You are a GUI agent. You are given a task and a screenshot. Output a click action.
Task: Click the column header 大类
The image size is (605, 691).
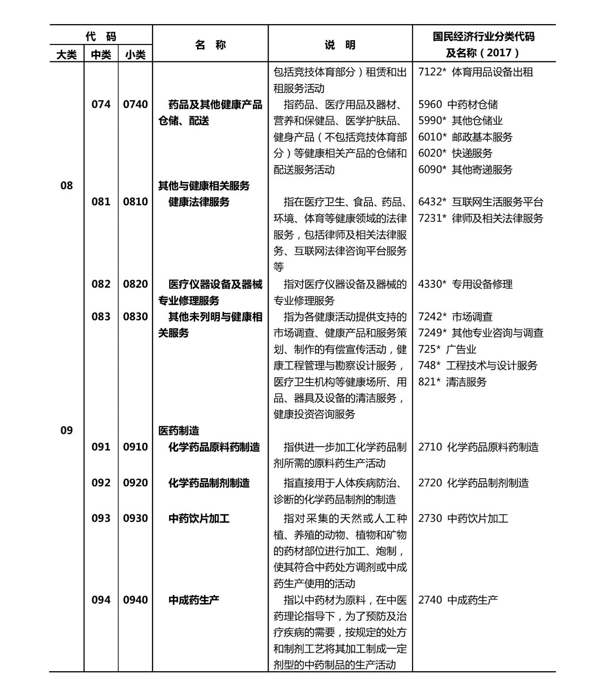pyautogui.click(x=67, y=55)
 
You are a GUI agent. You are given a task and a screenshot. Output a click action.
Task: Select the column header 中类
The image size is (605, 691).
pyautogui.click(x=101, y=55)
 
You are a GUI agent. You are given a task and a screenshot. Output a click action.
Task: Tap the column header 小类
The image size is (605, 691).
pyautogui.click(x=135, y=55)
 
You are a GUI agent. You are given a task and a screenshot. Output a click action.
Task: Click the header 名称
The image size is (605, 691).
pyautogui.click(x=210, y=45)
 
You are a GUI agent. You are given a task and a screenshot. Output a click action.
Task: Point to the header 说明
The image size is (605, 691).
pyautogui.click(x=340, y=45)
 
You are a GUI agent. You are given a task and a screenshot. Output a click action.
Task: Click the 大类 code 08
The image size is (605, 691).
pyautogui.click(x=67, y=185)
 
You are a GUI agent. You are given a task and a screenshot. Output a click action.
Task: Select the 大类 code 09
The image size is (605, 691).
pyautogui.click(x=67, y=430)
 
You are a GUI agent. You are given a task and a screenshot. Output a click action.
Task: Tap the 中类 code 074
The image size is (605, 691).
pyautogui.click(x=101, y=104)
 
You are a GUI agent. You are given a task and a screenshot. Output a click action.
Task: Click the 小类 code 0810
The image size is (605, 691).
pyautogui.click(x=135, y=202)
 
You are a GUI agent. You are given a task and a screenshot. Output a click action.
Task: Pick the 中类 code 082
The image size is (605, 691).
pyautogui.click(x=101, y=284)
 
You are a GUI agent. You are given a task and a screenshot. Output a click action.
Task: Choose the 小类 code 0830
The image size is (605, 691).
pyautogui.click(x=135, y=317)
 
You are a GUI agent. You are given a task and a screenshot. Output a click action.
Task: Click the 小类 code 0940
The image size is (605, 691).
pyautogui.click(x=135, y=600)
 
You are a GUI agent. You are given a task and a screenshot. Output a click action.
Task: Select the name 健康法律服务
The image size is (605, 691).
pyautogui.click(x=199, y=202)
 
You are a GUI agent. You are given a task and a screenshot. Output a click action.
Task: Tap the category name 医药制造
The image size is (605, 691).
pyautogui.click(x=179, y=431)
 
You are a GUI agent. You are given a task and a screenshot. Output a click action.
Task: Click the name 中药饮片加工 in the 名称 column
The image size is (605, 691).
pyautogui.click(x=199, y=518)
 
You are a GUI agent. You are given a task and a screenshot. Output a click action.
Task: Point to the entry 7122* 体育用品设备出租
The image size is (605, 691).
pyautogui.click(x=475, y=72)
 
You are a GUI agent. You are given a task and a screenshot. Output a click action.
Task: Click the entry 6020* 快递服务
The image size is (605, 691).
pyautogui.click(x=455, y=153)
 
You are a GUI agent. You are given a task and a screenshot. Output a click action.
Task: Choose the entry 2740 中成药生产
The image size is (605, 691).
pyautogui.click(x=458, y=600)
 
